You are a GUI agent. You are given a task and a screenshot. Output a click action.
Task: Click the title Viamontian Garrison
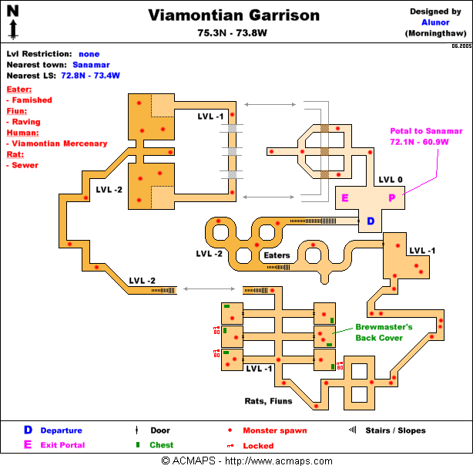[233, 15]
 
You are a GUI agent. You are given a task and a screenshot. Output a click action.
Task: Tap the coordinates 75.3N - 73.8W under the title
[233, 33]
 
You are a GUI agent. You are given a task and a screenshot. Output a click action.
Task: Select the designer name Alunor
[436, 22]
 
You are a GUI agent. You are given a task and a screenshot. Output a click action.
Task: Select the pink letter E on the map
[344, 198]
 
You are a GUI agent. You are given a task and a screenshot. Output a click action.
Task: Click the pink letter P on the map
[391, 198]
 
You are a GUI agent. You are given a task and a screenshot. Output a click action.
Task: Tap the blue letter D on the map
[370, 221]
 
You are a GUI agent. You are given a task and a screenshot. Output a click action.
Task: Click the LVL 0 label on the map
[391, 180]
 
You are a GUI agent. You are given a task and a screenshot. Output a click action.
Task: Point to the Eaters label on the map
[277, 255]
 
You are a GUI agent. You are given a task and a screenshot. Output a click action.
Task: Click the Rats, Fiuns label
[267, 401]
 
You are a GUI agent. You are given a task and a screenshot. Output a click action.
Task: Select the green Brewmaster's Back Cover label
[384, 332]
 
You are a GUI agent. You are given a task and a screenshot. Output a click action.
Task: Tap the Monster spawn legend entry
[274, 430]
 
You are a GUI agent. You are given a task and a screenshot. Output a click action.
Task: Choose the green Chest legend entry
[160, 444]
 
